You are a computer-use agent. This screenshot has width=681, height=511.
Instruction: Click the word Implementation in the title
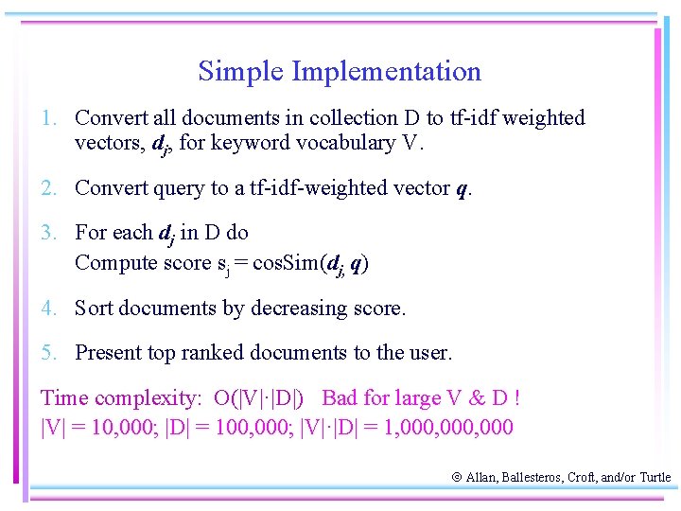click(387, 72)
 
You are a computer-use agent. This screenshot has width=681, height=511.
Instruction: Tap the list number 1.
click(47, 118)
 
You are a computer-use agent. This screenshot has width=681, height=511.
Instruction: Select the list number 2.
click(47, 188)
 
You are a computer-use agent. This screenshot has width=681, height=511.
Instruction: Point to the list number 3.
click(47, 233)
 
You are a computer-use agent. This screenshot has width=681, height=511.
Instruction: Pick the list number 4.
click(47, 308)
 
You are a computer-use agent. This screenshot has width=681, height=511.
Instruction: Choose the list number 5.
click(47, 353)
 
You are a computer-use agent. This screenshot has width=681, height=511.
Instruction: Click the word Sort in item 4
click(95, 308)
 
